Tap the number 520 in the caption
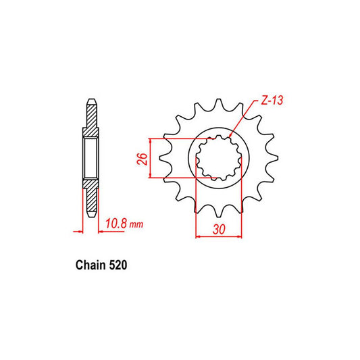pyautogui.click(x=114, y=265)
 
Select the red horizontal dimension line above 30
pyautogui.click(x=219, y=236)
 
